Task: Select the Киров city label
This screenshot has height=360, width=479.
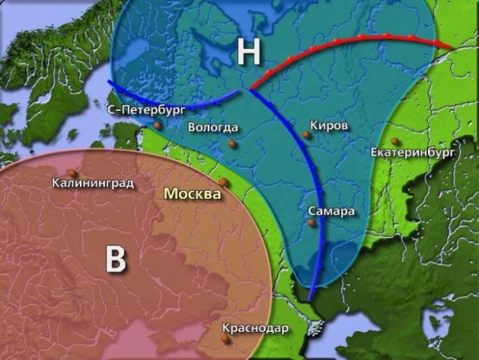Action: pos(329,125)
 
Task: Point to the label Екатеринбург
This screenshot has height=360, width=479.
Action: pos(413,151)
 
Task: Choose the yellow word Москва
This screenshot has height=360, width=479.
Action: pos(192,194)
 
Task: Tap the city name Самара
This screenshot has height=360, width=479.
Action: pos(329,211)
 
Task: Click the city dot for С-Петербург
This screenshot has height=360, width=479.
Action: pos(158,125)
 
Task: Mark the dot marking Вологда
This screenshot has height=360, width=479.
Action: pos(232,144)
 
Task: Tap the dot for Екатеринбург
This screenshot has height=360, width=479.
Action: pos(394,141)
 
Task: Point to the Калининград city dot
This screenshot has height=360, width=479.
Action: pos(73,172)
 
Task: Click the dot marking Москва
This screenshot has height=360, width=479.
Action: pos(224,183)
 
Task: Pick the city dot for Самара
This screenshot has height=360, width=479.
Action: pos(313,223)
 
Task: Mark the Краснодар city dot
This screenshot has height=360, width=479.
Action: pos(226,338)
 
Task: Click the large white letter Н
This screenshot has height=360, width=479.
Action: pos(248,53)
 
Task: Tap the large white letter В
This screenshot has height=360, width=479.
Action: pos(117,259)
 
